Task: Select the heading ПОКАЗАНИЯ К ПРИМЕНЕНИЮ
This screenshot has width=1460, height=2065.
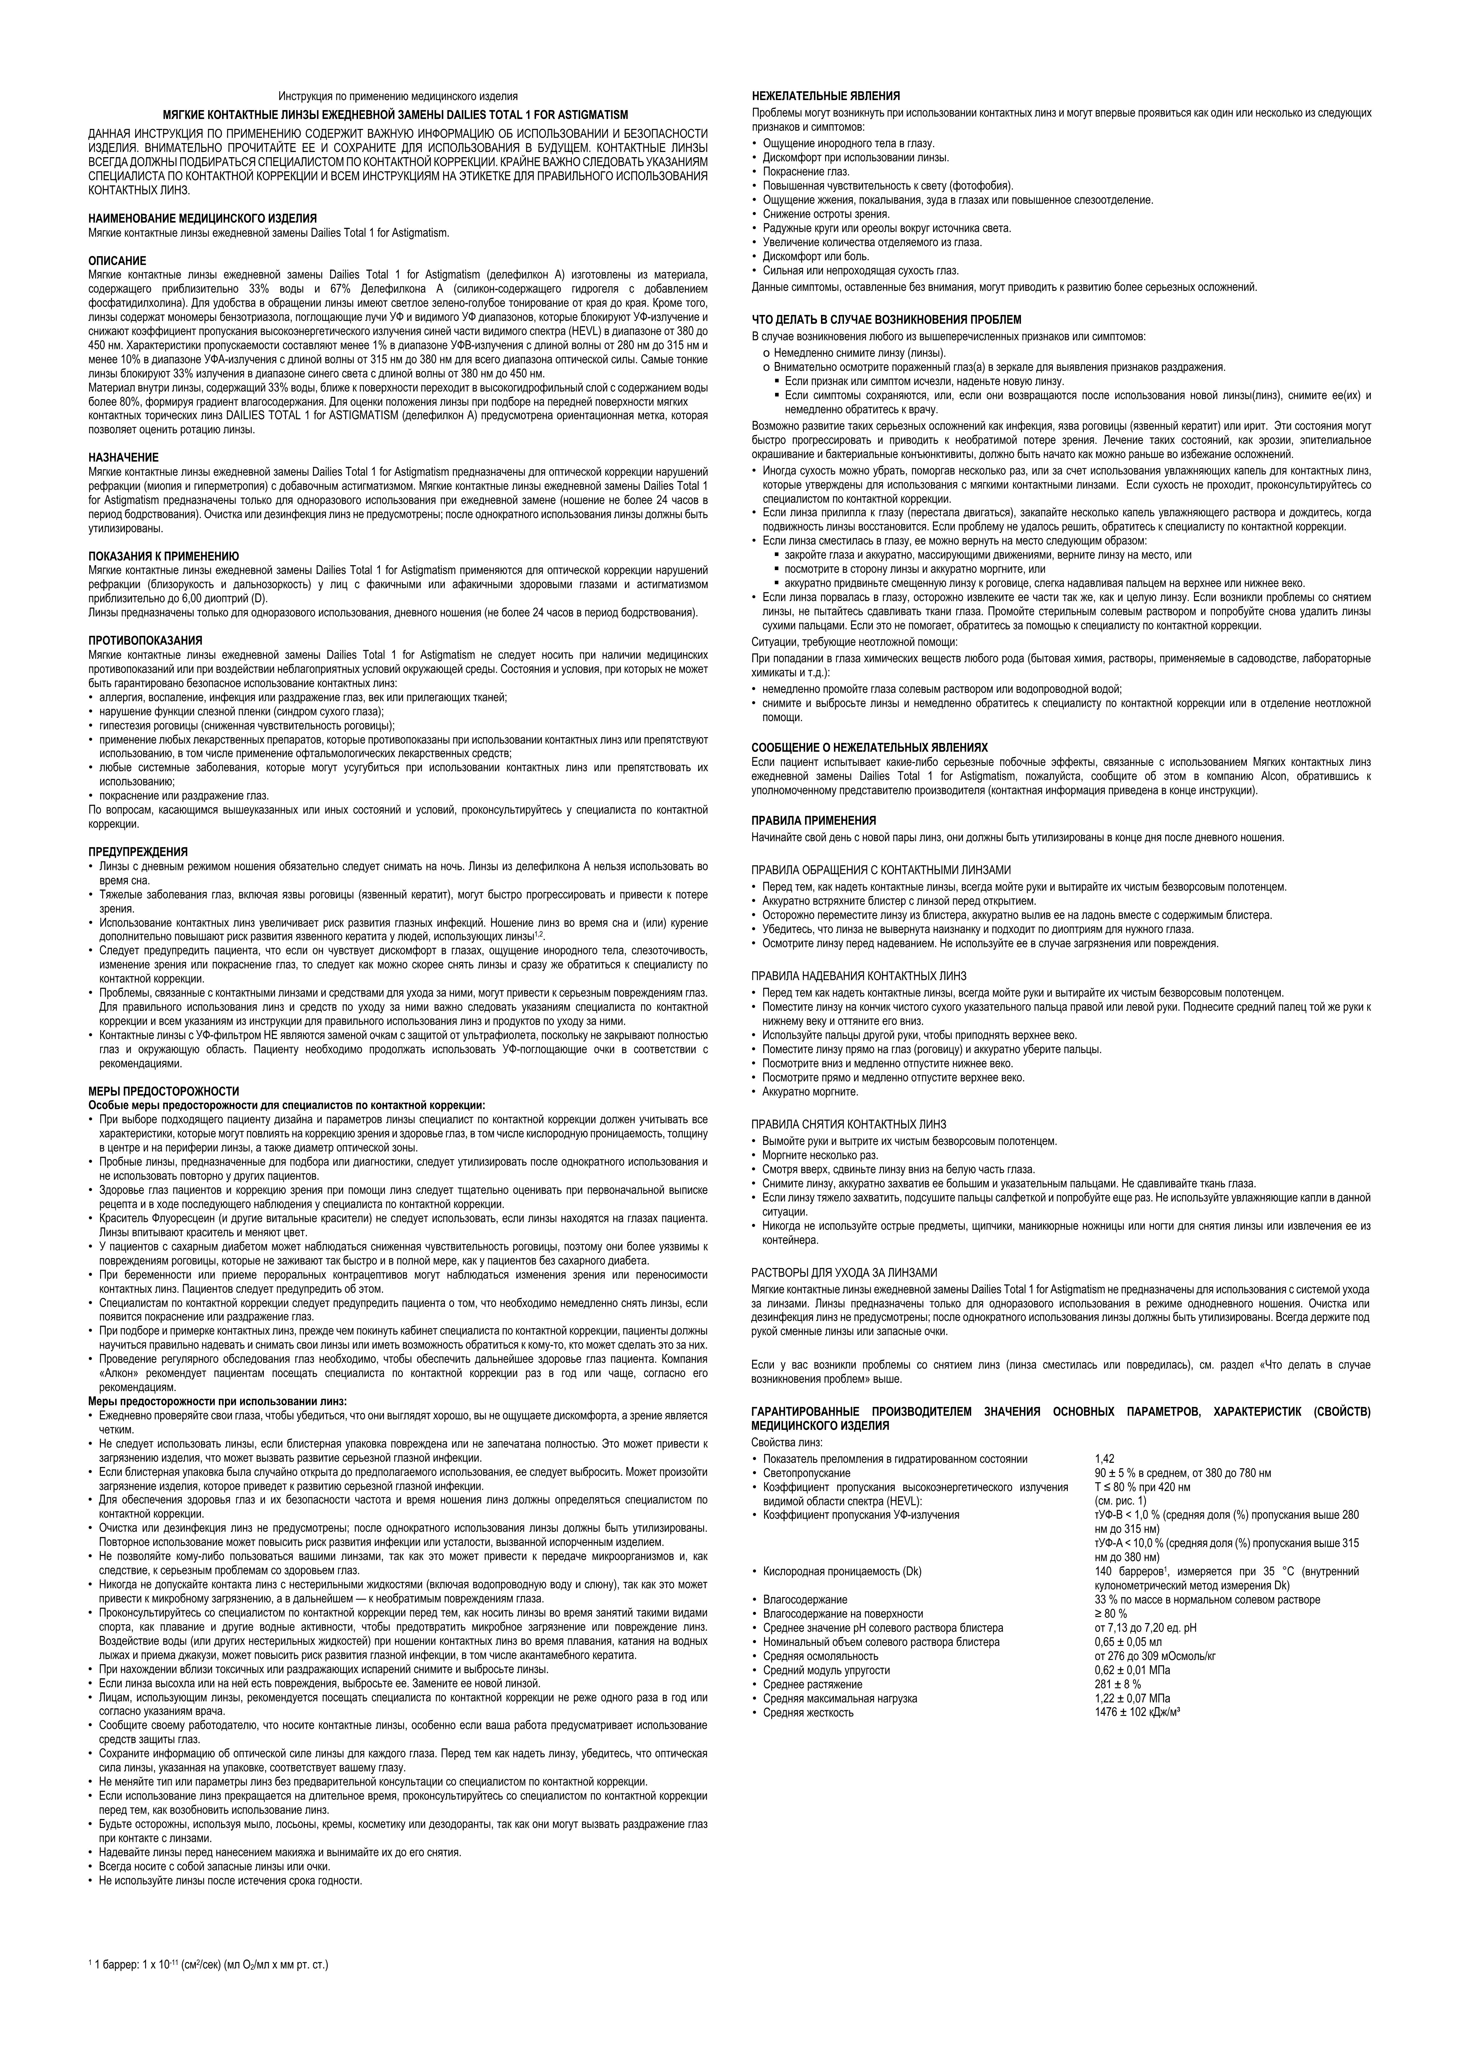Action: click(163, 557)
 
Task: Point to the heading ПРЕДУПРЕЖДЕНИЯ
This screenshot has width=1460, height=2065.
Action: click(138, 852)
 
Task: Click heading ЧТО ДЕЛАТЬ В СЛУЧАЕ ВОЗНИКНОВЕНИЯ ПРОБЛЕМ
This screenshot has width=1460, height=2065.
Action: click(886, 319)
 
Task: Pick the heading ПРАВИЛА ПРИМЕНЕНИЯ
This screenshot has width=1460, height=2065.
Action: click(813, 820)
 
